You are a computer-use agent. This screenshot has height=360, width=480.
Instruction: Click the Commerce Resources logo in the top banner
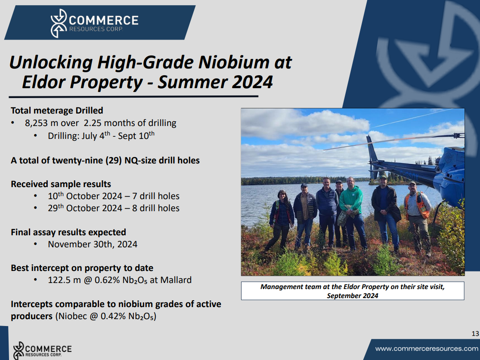click(94, 23)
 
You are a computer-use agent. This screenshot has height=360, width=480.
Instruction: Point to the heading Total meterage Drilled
click(57, 111)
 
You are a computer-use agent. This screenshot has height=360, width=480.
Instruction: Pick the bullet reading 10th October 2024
click(114, 196)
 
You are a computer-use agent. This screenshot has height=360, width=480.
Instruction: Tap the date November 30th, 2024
click(93, 244)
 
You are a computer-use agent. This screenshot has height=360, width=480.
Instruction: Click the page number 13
click(475, 334)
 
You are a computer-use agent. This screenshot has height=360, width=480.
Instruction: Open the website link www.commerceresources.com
click(427, 349)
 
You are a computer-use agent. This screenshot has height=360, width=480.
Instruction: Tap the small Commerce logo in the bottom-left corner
click(42, 350)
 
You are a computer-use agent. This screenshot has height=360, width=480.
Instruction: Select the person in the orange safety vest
click(418, 218)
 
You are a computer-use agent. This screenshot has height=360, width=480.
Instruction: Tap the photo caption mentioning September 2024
click(353, 291)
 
